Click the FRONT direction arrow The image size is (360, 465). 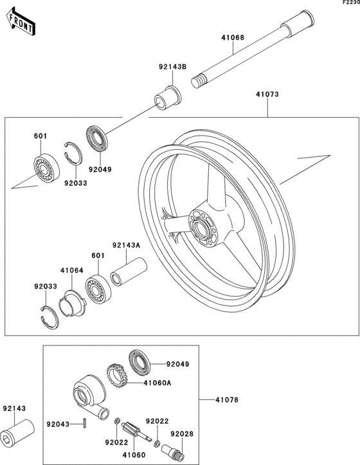pyautogui.click(x=21, y=22)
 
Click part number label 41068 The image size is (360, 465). pyautogui.click(x=233, y=38)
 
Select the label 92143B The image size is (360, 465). pyautogui.click(x=172, y=67)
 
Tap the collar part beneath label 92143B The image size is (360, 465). pyautogui.click(x=168, y=98)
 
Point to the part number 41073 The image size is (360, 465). pyautogui.click(x=267, y=95)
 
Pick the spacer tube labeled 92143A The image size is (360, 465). pyautogui.click(x=129, y=271)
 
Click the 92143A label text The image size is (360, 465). pyautogui.click(x=126, y=245)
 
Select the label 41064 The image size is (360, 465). pyautogui.click(x=72, y=271)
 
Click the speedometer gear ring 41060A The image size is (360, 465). pyautogui.click(x=117, y=376)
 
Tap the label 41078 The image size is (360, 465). pyautogui.click(x=227, y=400)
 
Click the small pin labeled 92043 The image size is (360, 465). pyautogui.click(x=85, y=423)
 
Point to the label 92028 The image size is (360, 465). pyautogui.click(x=182, y=434)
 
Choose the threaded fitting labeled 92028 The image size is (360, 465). pyautogui.click(x=172, y=451)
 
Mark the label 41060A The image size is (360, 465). pyautogui.click(x=157, y=383)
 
